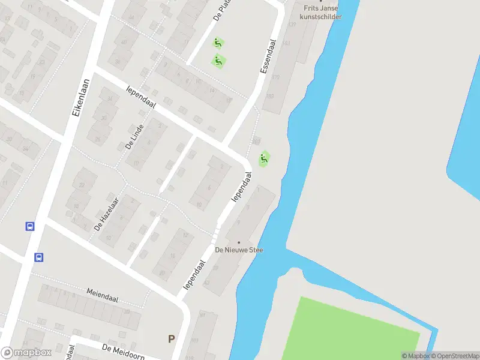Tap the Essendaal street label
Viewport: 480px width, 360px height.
click(x=268, y=57)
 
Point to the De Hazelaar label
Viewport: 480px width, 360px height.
click(x=106, y=214)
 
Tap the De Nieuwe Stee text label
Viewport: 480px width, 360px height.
click(x=239, y=250)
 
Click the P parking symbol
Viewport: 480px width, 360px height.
click(x=172, y=339)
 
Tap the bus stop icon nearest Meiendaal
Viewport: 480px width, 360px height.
click(x=39, y=257)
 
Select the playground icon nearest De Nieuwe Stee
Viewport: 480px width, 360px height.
click(x=263, y=159)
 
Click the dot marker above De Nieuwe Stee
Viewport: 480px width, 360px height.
click(x=239, y=242)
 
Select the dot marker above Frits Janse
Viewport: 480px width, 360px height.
click(x=321, y=1)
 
